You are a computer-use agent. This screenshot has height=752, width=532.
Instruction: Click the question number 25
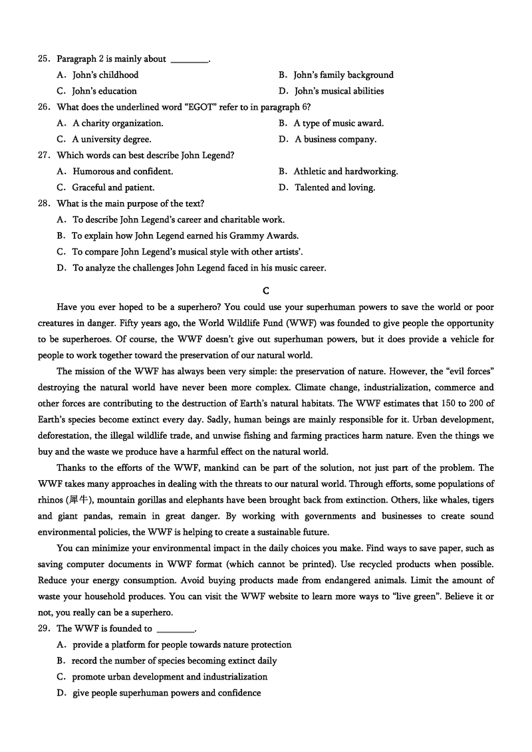(44, 59)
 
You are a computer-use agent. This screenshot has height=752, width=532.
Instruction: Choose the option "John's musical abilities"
(339, 91)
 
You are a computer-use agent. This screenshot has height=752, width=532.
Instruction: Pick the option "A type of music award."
(338, 123)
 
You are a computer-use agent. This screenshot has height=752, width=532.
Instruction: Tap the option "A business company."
(335, 139)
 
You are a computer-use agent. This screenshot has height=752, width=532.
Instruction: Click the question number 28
(44, 203)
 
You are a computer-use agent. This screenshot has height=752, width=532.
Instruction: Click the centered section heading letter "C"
(266, 291)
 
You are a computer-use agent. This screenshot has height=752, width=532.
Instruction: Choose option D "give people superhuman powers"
(166, 693)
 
